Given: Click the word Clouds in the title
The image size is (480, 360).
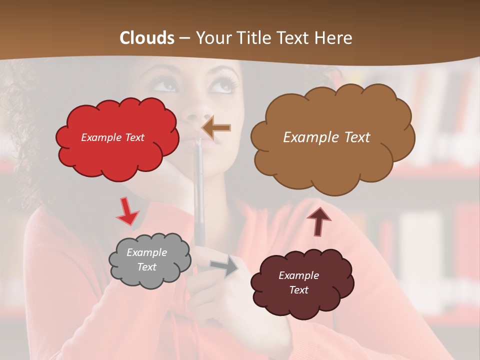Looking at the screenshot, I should click(147, 38).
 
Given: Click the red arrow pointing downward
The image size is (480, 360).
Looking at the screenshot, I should click(127, 212).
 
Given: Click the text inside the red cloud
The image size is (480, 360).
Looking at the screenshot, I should click(112, 137).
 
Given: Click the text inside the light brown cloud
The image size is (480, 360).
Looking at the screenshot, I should click(326, 137).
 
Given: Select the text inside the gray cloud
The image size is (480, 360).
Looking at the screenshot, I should click(146, 260).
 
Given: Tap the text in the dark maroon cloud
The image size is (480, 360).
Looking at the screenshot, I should click(298, 282).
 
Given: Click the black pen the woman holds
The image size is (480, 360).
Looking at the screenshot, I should click(198, 200).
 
